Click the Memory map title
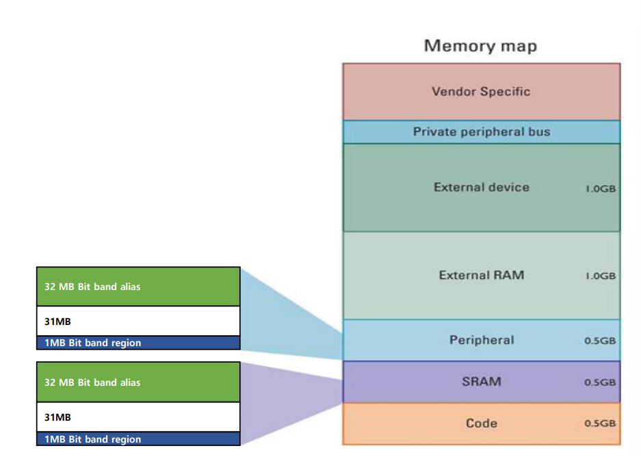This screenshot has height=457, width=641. (480, 47)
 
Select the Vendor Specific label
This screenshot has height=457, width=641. (481, 92)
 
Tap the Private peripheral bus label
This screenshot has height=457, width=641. (481, 131)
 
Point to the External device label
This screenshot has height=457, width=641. (481, 187)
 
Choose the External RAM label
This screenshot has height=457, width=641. (481, 275)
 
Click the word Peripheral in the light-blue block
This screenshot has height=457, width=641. (481, 340)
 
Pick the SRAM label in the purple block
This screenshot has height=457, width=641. (481, 381)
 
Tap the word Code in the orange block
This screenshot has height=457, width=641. (481, 423)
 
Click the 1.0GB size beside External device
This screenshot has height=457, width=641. (600, 188)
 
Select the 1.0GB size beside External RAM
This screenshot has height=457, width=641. (600, 276)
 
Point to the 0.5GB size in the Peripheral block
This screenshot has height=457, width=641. (600, 341)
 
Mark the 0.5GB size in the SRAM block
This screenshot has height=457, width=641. (600, 382)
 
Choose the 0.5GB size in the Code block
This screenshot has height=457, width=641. (600, 423)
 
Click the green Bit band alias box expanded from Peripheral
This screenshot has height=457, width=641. (138, 287)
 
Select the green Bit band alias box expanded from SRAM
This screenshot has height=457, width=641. (138, 382)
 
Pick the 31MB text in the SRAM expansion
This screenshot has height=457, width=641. (57, 417)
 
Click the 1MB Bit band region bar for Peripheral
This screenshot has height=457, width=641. (138, 343)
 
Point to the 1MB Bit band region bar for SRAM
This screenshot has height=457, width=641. (138, 439)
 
